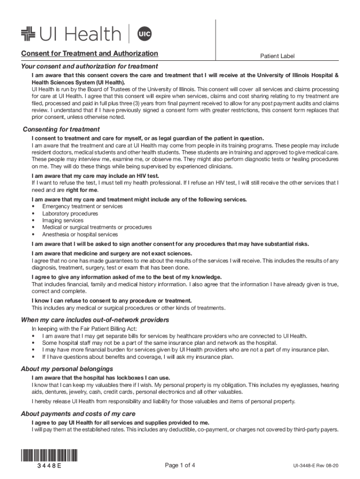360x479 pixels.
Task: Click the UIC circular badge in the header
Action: pos(144,34)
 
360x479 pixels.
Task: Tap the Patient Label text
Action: pos(277,56)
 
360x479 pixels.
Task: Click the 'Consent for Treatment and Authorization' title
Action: pos(89,53)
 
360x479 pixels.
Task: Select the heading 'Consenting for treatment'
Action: pos(61,129)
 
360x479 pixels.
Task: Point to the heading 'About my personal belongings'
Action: pos(67,369)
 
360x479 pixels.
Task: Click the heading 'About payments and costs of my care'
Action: pos(78,414)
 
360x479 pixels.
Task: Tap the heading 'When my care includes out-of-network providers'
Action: pos(95,320)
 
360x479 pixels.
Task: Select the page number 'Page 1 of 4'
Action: pos(180,465)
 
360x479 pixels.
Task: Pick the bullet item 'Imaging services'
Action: pos(63,220)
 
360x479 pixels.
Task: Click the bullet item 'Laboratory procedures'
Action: pos(70,213)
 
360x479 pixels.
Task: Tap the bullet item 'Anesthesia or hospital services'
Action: pos(80,234)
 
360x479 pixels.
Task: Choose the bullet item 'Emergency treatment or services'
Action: pos(82,206)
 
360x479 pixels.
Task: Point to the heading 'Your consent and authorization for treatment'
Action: pos(89,66)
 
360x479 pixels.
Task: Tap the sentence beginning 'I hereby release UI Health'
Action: pos(163,401)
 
